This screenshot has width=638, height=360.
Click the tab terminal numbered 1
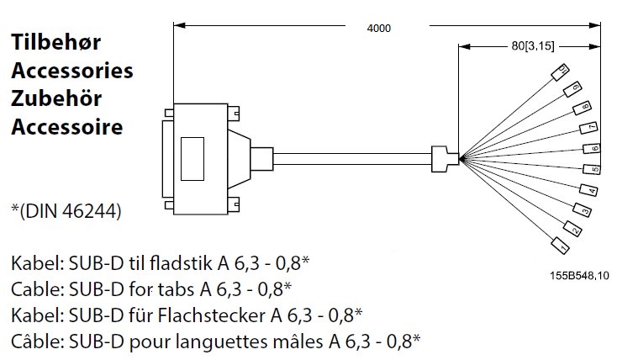coord(560,246)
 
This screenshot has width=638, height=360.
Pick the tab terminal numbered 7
coord(590,128)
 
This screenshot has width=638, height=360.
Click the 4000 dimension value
coord(379,28)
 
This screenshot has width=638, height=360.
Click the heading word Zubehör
coord(55,99)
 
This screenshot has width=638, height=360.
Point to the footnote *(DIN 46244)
coord(66,209)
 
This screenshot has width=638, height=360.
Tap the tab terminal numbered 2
coord(572,229)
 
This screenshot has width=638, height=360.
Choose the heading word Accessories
coord(71,71)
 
